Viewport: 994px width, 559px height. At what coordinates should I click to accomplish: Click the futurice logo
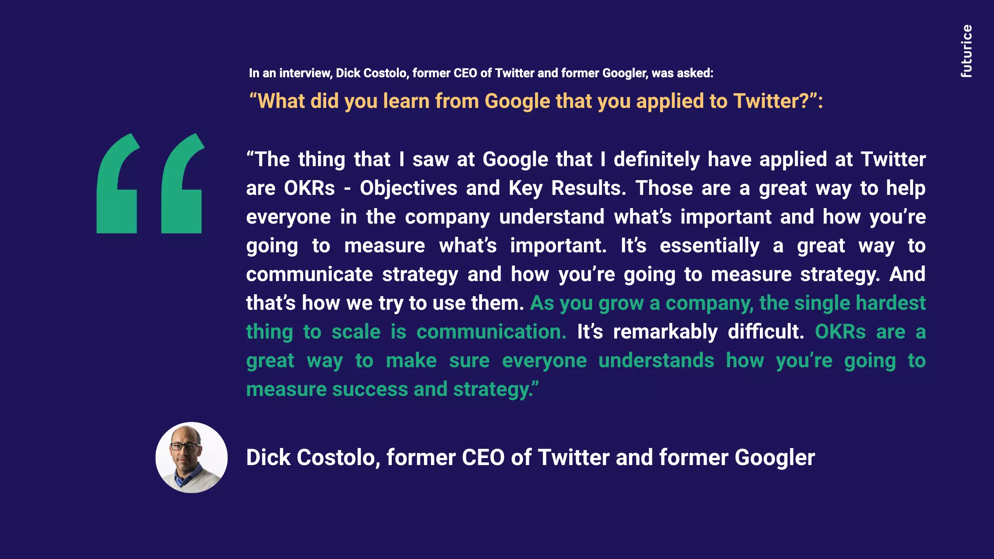pos(966,51)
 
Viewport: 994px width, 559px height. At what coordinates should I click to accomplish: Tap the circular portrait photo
pos(191,458)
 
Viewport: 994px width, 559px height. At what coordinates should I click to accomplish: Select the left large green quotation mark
pos(118,183)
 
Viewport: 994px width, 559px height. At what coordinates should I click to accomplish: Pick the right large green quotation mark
pos(182,183)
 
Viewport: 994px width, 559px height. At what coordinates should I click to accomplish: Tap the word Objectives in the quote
pos(408,188)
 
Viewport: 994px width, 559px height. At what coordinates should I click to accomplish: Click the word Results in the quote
pos(589,188)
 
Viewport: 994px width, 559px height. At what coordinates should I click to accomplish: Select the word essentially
pos(710,246)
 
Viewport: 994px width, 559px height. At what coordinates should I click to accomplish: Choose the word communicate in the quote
pos(309,274)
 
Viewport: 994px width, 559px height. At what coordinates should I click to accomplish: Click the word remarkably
pos(665,332)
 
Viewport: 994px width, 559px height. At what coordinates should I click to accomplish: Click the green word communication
pos(492,332)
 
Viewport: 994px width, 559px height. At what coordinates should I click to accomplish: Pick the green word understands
pos(656,361)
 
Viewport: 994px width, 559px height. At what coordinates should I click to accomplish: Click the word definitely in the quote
pos(657,160)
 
